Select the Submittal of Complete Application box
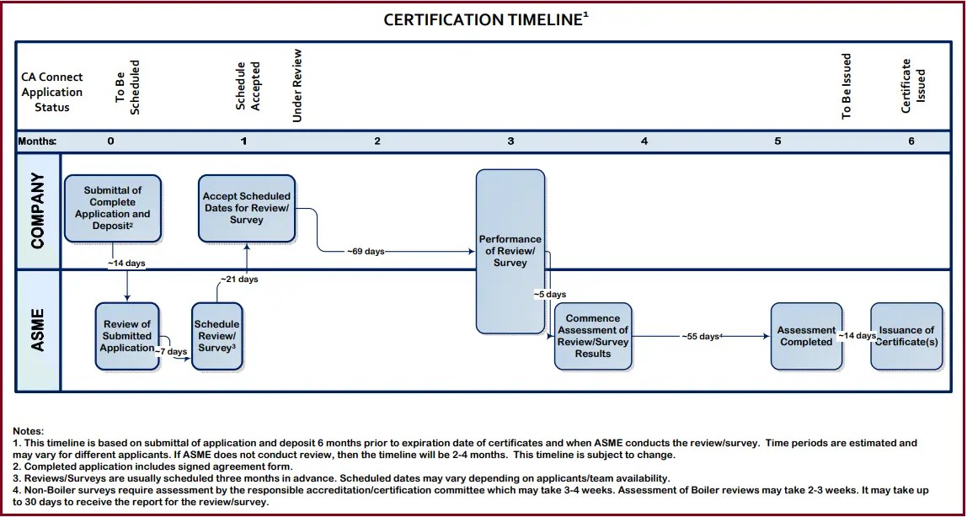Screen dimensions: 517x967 (x=112, y=208)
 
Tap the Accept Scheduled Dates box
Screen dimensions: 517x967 (x=246, y=208)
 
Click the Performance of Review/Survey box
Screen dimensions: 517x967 (x=510, y=251)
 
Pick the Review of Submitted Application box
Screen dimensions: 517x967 (x=127, y=336)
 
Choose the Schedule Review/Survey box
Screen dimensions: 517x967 (x=217, y=336)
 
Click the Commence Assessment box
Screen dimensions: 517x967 (x=593, y=336)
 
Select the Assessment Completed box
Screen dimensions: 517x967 (x=806, y=336)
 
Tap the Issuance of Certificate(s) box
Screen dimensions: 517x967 (x=906, y=336)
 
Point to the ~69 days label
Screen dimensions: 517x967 (x=366, y=251)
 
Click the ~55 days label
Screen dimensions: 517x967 (x=700, y=336)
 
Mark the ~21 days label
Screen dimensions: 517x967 (x=239, y=279)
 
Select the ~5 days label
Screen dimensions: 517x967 (x=550, y=295)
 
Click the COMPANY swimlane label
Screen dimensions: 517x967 (x=38, y=211)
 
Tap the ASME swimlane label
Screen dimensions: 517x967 (x=38, y=330)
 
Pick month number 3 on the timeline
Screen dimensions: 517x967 (x=510, y=141)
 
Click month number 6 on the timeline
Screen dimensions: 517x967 (x=911, y=141)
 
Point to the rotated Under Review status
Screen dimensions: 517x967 (x=297, y=85)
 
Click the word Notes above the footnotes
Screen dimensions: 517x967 (x=29, y=430)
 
